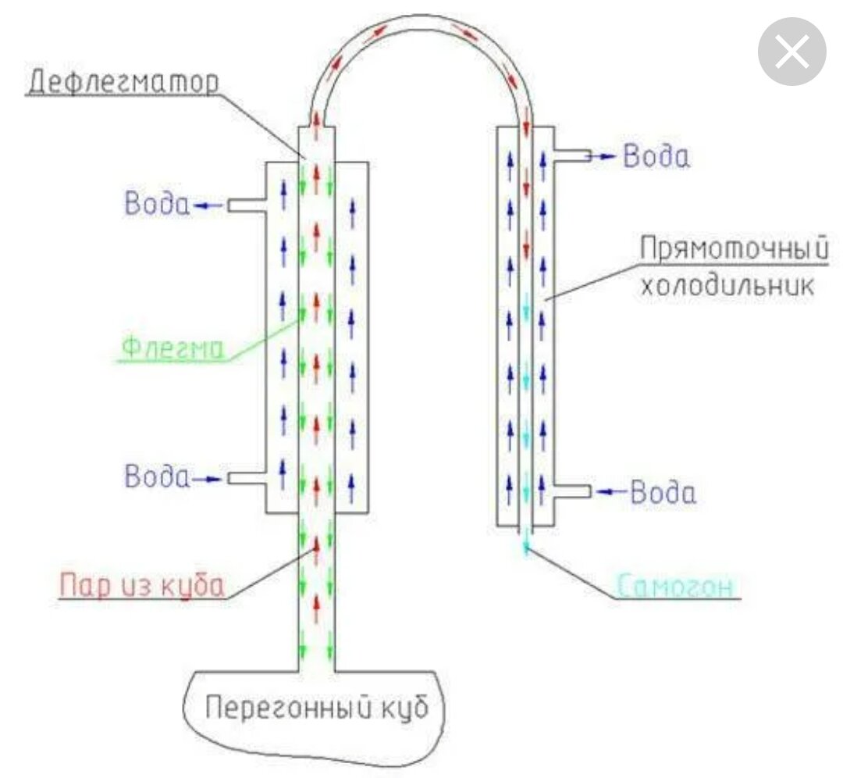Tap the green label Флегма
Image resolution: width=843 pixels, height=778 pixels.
pos(170,348)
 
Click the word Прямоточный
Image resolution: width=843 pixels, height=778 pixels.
pos(733,251)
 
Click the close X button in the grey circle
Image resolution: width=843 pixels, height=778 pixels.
pos(792,52)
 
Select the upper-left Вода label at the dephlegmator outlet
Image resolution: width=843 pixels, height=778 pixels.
pos(156,205)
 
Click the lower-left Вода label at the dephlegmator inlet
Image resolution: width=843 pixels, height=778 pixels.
pos(156,476)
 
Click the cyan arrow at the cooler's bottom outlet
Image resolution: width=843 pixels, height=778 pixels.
pos(527,543)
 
